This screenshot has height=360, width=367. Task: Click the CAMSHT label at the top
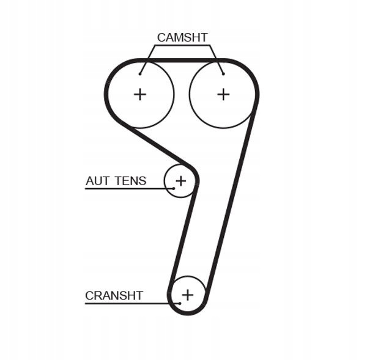[182, 37]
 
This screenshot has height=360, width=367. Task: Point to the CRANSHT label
[114, 296]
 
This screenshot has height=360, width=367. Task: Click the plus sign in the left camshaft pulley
[140, 94]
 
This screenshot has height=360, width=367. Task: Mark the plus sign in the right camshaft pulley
[223, 94]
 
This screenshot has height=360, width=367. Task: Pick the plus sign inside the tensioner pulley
[180, 181]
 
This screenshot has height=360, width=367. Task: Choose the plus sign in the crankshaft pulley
[187, 295]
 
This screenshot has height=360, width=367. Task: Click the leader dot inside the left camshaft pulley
[140, 74]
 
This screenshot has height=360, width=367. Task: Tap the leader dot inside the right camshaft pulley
[223, 74]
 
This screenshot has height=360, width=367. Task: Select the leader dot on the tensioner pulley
[174, 188]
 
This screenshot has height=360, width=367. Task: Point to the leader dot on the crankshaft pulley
[181, 303]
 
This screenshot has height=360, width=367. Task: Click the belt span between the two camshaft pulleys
[182, 61]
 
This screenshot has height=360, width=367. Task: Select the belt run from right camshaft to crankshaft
[231, 202]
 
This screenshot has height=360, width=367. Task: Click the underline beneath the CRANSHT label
[122, 303]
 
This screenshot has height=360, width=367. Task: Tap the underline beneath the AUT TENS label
[122, 188]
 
